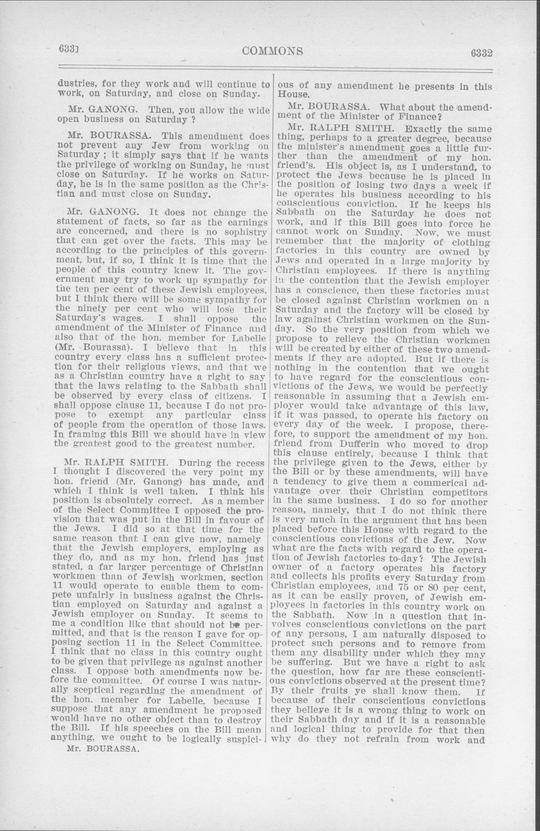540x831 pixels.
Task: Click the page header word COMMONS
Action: [x=272, y=51]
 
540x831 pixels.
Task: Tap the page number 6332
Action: [x=481, y=53]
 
